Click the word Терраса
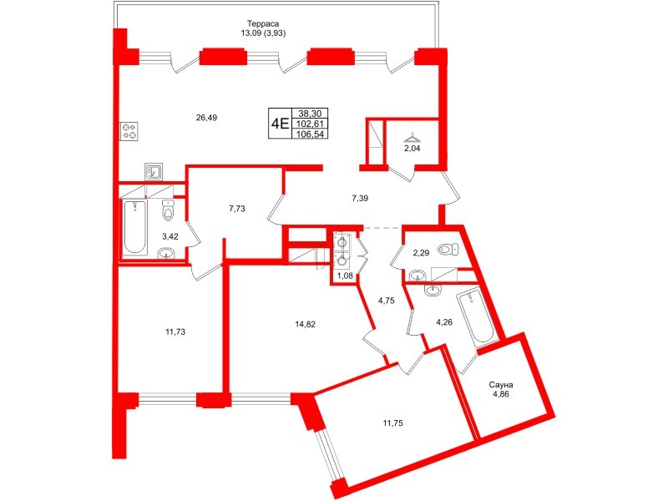(x=263, y=23)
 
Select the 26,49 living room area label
(x=206, y=118)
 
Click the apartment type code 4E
(x=279, y=124)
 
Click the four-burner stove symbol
(x=129, y=131)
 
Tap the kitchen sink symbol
(x=154, y=171)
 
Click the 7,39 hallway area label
(x=359, y=198)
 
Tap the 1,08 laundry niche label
(x=344, y=275)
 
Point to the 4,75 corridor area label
(x=386, y=301)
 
